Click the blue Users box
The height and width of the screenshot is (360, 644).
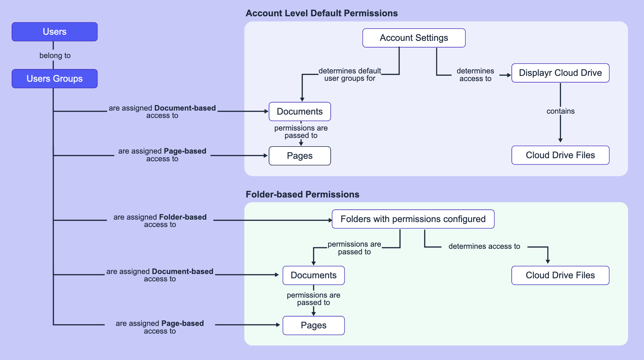(x=55, y=32)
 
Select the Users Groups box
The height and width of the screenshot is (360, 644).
(x=55, y=79)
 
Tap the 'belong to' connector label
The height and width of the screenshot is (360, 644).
(x=55, y=56)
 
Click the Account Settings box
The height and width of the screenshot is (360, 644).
(x=414, y=38)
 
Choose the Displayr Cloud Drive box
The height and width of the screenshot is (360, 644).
(x=560, y=73)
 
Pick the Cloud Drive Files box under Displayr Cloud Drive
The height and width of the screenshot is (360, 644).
(x=560, y=155)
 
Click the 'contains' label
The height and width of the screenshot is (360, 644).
(x=560, y=111)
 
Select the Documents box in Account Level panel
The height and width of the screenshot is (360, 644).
(x=300, y=112)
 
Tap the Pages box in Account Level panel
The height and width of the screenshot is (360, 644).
(x=300, y=156)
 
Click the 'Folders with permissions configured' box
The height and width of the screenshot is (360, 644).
(x=413, y=219)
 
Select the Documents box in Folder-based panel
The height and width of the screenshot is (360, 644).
(x=313, y=275)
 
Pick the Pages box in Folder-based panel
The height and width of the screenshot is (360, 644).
(x=313, y=325)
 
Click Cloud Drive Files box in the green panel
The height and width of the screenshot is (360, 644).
(x=560, y=275)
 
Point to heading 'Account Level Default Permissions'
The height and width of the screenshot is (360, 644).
(x=321, y=13)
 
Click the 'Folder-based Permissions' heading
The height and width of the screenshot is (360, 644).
(x=302, y=194)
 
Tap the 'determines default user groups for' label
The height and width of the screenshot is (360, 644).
(x=350, y=75)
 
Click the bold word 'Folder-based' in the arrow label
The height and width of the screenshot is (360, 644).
(x=183, y=217)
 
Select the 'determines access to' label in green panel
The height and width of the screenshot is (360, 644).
(x=484, y=246)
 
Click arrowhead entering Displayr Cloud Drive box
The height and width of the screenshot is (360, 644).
(x=509, y=75)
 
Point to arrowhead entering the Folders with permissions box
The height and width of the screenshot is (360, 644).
(x=330, y=220)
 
